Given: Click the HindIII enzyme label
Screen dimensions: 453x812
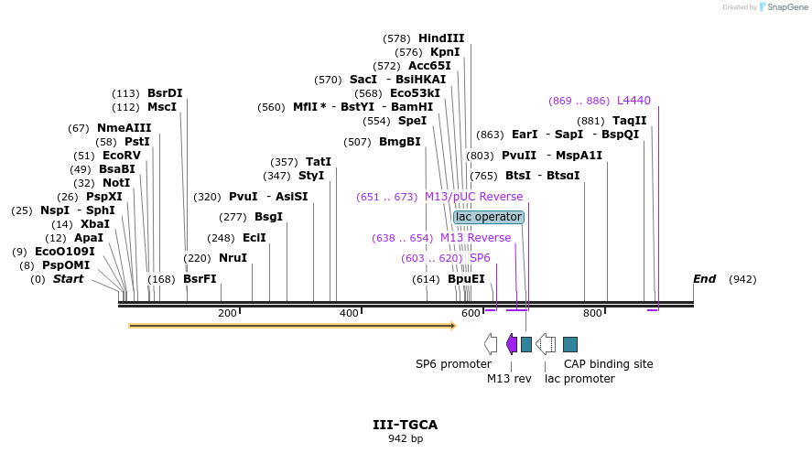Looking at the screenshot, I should (441, 38).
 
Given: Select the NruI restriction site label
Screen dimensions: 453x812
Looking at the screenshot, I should (233, 258).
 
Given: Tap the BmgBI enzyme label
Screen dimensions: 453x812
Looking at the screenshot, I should (399, 142).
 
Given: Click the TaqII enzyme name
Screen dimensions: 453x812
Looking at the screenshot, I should (629, 121).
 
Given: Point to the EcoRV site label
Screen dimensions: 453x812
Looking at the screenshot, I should (121, 156).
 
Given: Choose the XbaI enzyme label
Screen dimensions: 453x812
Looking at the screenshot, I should (94, 224).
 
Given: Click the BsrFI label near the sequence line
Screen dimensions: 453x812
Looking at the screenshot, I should (200, 279).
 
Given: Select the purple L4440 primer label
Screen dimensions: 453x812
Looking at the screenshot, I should (633, 101).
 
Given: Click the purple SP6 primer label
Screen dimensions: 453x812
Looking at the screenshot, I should (480, 258).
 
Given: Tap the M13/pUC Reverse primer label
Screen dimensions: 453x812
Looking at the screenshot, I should (473, 197).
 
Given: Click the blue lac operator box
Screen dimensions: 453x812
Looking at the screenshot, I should (489, 217).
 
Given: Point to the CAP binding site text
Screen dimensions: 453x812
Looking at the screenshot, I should (608, 363).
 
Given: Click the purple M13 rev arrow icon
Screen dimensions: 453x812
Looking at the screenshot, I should (511, 344).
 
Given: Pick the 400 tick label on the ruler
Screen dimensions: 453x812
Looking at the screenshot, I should (349, 314).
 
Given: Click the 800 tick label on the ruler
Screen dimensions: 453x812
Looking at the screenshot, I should (592, 314).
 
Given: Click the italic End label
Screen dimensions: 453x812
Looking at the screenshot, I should (704, 279).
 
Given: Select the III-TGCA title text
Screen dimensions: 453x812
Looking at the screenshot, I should (405, 425).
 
